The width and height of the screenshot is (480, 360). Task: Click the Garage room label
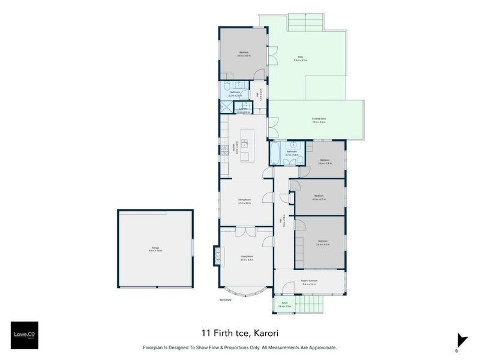pos(155,249)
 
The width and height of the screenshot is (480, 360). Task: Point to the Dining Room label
pos(244,201)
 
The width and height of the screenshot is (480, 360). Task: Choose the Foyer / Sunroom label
pos(310,282)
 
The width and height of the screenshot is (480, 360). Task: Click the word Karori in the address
pos(266,332)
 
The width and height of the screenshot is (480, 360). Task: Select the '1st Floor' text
pos(225,299)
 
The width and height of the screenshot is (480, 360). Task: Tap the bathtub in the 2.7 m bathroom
pos(274,154)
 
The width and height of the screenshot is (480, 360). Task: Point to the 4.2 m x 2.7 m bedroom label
pos(318,197)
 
